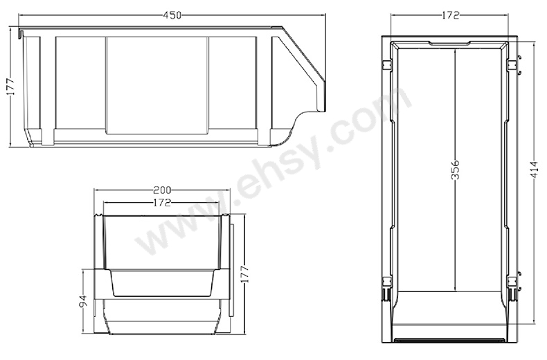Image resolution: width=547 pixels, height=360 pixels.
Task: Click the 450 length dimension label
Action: click(x=172, y=15)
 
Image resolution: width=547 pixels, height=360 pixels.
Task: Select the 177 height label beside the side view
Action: click(x=10, y=86)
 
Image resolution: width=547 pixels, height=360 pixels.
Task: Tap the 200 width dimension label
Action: click(x=162, y=190)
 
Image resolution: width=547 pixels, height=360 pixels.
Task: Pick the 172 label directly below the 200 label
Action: click(x=162, y=202)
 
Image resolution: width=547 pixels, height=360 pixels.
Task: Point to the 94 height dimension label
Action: click(x=82, y=300)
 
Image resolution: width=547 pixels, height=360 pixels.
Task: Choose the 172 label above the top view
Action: click(x=450, y=15)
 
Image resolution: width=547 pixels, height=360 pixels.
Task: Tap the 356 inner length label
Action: click(x=455, y=170)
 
